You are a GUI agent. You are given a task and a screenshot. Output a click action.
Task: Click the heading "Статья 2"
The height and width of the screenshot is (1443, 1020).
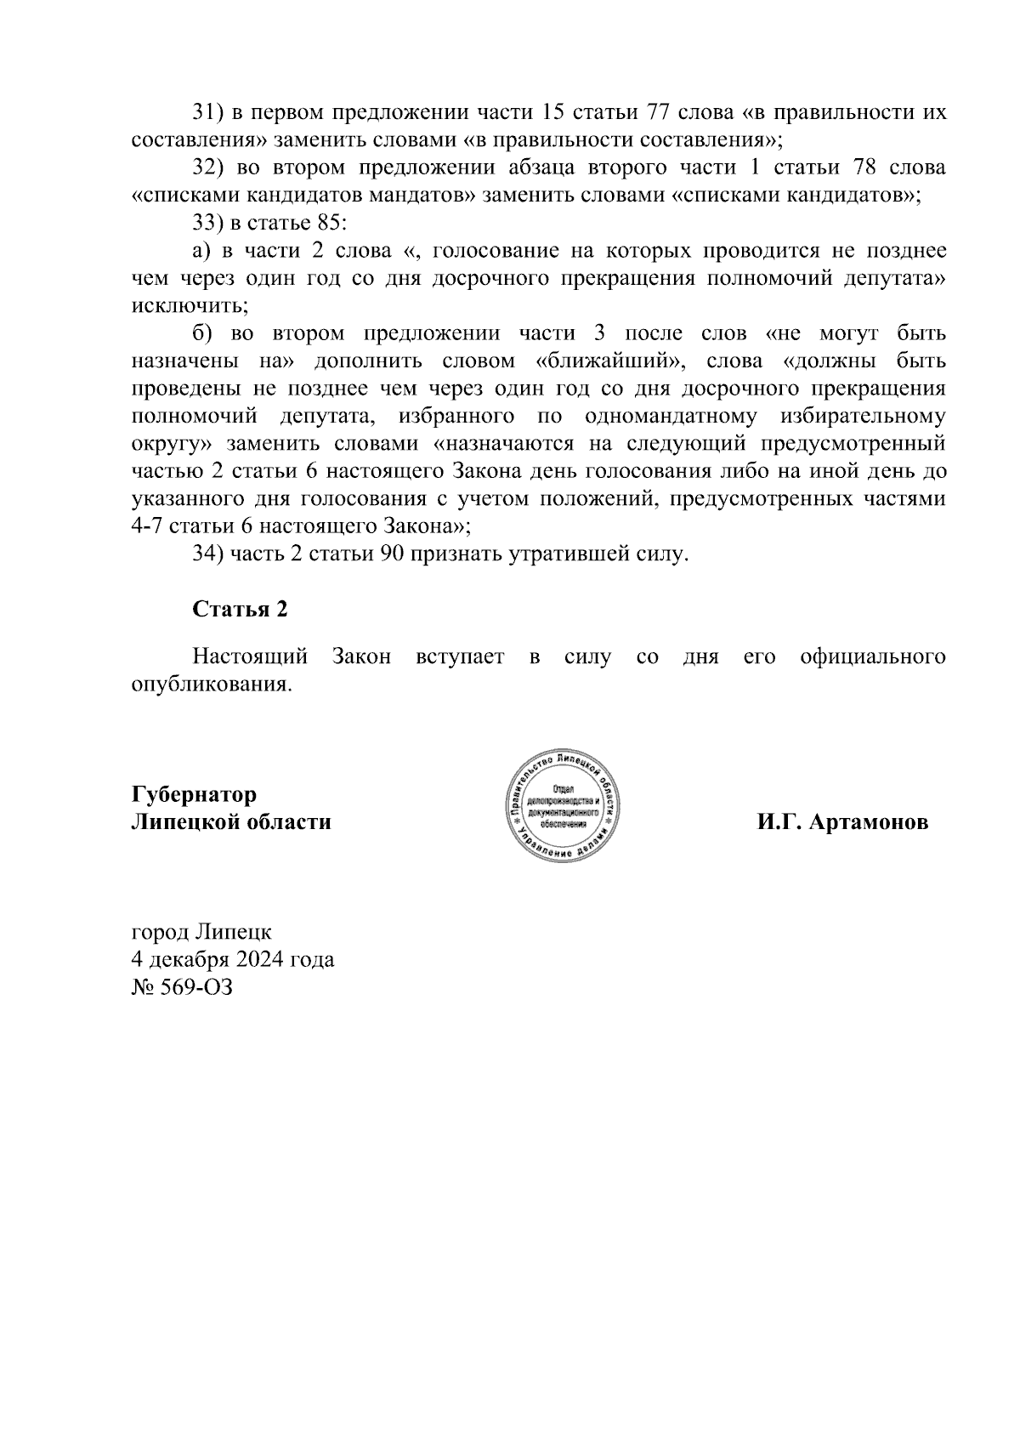click(240, 610)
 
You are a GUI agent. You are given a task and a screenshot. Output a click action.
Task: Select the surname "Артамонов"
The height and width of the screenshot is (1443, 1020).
click(868, 823)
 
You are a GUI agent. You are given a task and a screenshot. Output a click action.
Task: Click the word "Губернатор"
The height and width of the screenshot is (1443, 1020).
click(194, 795)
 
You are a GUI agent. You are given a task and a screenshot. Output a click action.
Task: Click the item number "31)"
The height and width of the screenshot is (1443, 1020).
click(208, 113)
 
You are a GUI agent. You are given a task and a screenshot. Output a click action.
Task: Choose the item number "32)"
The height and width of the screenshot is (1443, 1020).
click(208, 168)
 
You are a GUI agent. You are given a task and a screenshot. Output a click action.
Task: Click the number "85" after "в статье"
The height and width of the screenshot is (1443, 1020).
click(326, 224)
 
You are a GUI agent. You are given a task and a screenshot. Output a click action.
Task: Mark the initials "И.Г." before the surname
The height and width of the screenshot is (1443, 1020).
click(779, 823)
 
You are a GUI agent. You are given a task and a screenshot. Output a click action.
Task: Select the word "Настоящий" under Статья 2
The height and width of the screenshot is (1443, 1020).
click(250, 657)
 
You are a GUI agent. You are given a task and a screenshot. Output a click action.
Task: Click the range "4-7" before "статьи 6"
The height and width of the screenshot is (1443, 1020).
click(148, 526)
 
